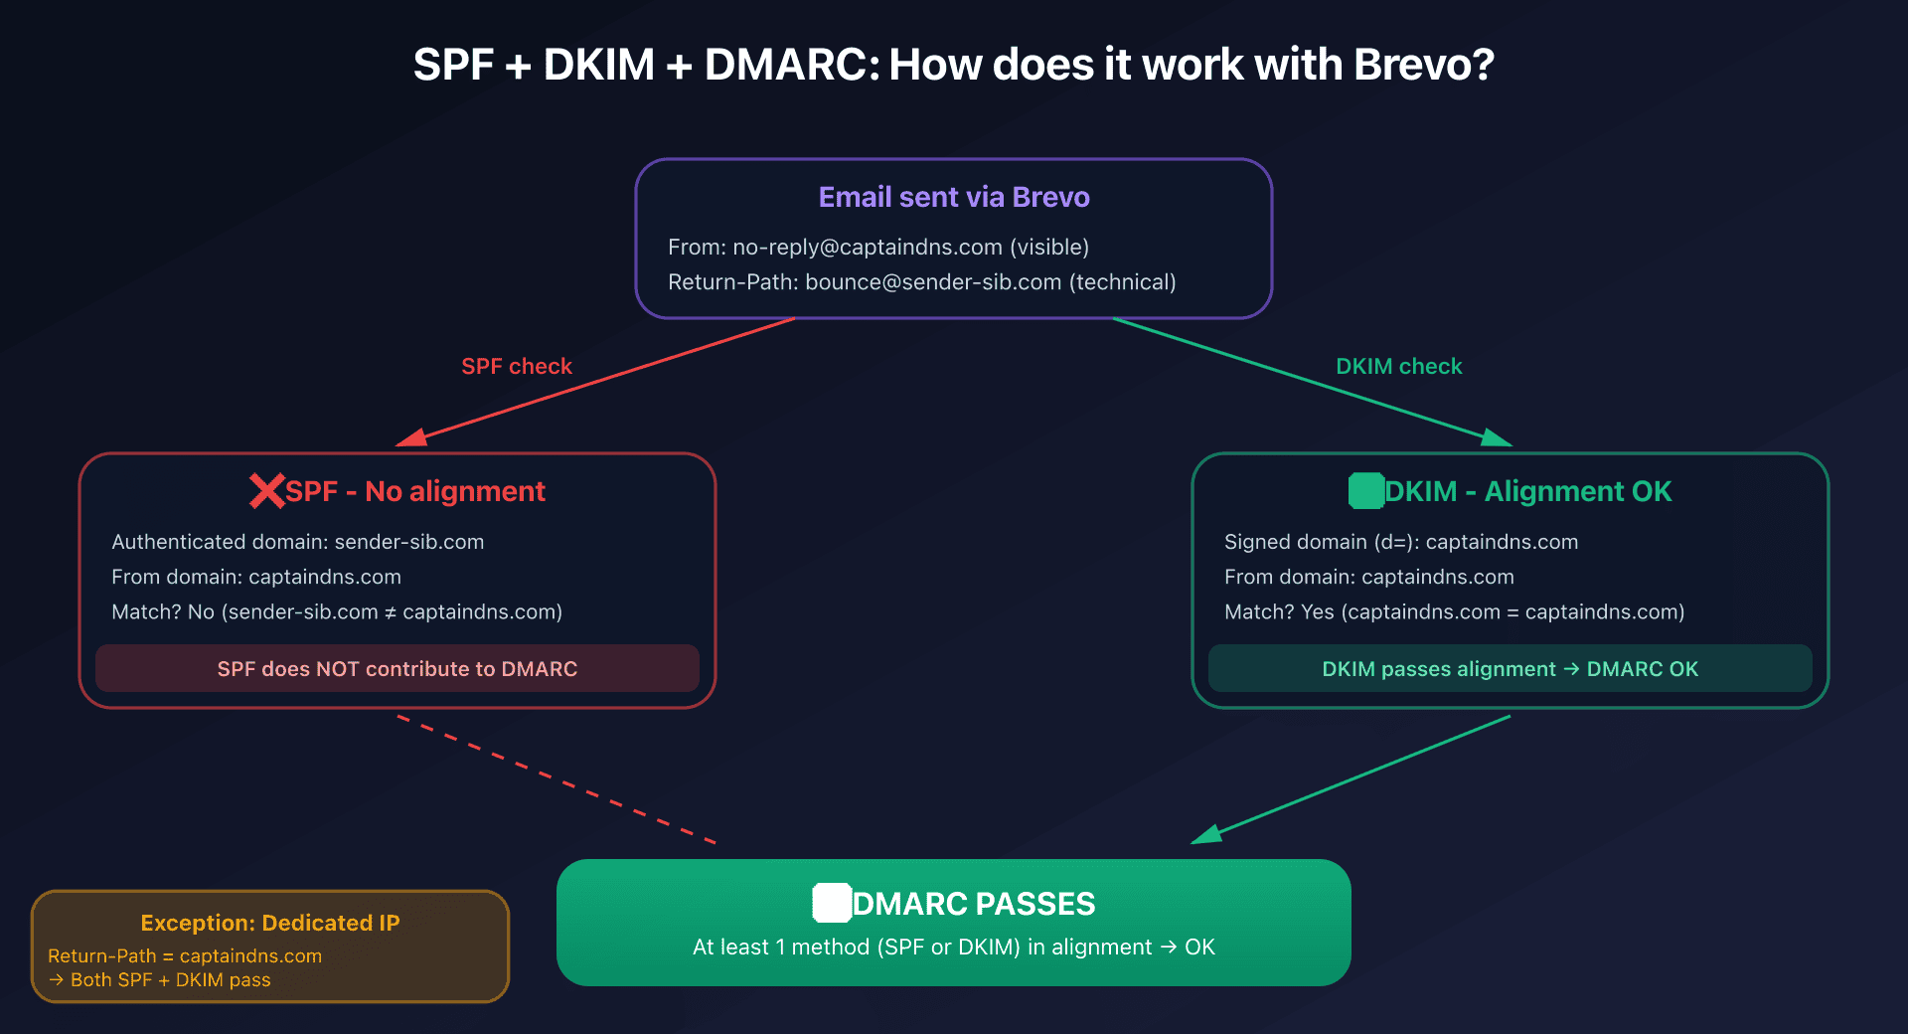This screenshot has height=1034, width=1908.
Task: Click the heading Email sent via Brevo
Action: click(x=954, y=197)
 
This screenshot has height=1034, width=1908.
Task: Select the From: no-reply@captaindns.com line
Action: click(x=878, y=247)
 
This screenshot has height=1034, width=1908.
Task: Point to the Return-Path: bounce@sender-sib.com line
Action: click(x=921, y=282)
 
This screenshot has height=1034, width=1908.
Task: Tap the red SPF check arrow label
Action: click(x=517, y=366)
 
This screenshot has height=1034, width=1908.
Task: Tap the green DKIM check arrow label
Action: click(x=1398, y=366)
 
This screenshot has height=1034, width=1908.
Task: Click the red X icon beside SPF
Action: click(x=266, y=491)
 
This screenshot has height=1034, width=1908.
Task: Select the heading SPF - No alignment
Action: click(x=415, y=491)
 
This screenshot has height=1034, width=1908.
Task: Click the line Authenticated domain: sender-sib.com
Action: click(x=298, y=542)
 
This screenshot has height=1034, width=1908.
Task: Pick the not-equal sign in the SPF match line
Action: click(x=390, y=612)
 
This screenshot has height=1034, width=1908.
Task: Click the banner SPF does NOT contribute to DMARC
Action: click(x=397, y=669)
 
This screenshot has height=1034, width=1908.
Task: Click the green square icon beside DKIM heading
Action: click(x=1366, y=491)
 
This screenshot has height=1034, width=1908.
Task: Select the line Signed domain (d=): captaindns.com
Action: click(x=1401, y=542)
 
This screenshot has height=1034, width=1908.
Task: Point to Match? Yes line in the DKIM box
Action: click(x=1454, y=612)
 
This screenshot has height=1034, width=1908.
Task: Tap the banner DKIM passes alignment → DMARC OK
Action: click(x=1510, y=669)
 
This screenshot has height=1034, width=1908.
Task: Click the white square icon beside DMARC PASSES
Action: click(x=832, y=903)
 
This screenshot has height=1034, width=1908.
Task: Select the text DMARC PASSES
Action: click(x=974, y=904)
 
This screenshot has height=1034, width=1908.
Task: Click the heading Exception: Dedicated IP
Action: click(x=270, y=923)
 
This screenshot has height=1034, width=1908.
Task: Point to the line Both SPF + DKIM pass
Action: click(x=170, y=980)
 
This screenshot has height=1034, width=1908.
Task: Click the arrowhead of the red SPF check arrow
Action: click(x=410, y=438)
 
